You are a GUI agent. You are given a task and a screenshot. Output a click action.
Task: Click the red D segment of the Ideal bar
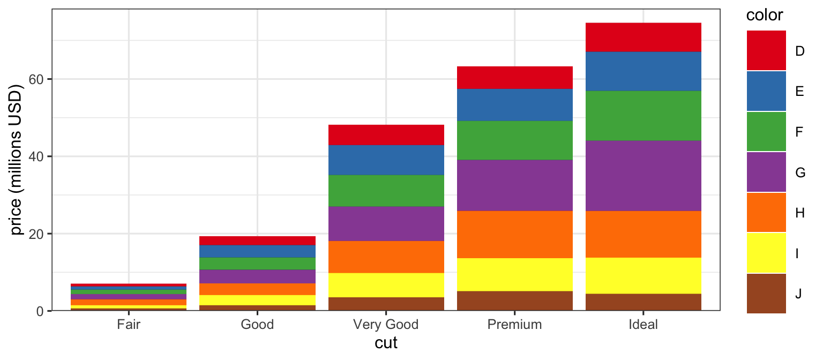[643, 37]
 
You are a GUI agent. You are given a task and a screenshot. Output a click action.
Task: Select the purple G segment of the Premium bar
[514, 185]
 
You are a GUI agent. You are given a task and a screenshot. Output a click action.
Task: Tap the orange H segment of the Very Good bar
[386, 257]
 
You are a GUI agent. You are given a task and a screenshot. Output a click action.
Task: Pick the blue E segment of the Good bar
[257, 251]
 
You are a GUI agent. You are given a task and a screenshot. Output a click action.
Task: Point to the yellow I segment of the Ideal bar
[643, 276]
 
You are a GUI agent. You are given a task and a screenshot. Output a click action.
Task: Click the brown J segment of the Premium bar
[514, 301]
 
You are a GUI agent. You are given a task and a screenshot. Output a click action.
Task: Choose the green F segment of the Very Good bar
[386, 191]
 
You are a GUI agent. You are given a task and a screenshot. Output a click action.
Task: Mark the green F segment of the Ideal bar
[643, 116]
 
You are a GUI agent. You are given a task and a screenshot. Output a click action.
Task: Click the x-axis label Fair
[129, 325]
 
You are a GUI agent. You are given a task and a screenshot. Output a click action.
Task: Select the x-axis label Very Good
[386, 325]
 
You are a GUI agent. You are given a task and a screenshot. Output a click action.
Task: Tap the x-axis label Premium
[514, 325]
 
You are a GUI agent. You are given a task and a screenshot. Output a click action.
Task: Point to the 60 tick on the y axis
[39, 79]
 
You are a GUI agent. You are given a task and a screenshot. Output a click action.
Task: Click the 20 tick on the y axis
[39, 234]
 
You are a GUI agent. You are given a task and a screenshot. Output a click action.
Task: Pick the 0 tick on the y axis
[42, 311]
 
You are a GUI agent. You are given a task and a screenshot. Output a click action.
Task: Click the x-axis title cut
[386, 343]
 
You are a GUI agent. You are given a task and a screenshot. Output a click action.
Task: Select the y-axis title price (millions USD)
[18, 161]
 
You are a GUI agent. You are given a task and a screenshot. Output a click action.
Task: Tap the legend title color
[765, 15]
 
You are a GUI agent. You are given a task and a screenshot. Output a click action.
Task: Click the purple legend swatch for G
[766, 172]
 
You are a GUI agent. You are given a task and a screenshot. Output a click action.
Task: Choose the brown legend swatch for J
[766, 293]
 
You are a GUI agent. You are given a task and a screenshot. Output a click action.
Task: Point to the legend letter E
[799, 92]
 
